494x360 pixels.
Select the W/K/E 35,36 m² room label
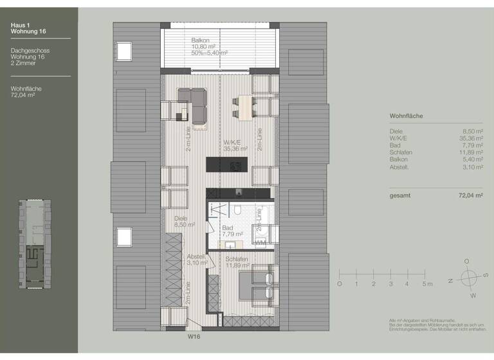coord(235,145)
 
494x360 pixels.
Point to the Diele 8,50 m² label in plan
coord(184,222)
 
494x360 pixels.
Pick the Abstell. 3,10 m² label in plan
coord(196,259)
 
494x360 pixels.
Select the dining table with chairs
coord(244,107)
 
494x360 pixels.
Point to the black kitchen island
coord(226,165)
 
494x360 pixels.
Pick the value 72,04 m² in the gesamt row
coord(470,195)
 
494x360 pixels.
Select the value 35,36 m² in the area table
coord(471,138)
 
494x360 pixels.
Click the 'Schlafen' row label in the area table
coord(401,153)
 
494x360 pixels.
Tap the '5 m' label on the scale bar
coord(426,283)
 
